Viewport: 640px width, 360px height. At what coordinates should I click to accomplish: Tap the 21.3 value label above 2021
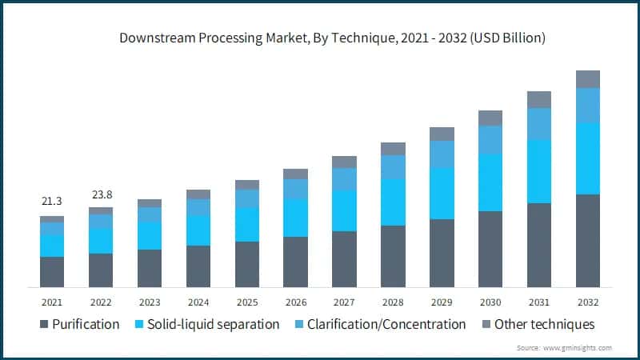52,201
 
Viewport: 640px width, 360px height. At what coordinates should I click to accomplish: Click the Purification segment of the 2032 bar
587,240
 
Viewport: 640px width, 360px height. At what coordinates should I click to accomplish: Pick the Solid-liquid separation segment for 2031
539,171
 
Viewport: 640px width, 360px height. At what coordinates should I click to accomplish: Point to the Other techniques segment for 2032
587,78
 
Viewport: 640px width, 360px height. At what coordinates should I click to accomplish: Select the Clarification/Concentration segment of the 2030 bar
490,140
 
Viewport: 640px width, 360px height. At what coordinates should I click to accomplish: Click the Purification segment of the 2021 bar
52,271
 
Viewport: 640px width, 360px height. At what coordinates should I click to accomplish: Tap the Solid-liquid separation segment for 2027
344,210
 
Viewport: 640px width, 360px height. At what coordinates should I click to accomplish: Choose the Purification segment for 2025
247,264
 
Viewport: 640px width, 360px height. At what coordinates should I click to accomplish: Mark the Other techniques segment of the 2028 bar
393,148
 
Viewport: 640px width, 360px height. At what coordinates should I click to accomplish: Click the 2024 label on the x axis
198,302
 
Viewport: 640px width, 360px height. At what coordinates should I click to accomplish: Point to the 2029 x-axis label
442,302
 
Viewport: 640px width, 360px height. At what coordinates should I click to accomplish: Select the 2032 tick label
587,302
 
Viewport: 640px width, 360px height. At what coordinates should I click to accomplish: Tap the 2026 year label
295,302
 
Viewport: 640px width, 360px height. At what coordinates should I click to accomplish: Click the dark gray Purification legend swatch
42,325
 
